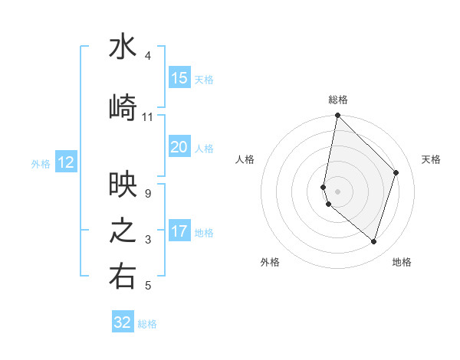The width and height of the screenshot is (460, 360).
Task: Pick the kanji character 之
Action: point(123,231)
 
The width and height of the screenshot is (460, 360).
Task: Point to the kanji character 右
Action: point(123,277)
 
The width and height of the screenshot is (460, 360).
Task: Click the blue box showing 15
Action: point(179,78)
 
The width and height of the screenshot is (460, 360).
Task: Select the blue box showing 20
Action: point(179,147)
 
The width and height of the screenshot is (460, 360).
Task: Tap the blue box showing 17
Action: point(179,231)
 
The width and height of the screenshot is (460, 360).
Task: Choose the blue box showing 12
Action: point(66,162)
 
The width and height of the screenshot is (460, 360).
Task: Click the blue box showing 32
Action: point(123,322)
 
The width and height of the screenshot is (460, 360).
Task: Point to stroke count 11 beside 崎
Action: point(147,117)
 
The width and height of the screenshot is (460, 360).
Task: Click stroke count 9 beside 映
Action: point(147,194)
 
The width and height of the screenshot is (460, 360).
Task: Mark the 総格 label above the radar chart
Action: point(338,100)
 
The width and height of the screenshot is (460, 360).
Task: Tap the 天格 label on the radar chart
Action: point(432,159)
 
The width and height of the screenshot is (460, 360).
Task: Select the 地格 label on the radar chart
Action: point(402,262)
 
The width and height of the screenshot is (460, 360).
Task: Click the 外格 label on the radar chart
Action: point(270,262)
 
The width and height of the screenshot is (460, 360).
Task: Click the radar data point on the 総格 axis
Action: point(337,116)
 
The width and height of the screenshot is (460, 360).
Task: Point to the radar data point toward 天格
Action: point(396,172)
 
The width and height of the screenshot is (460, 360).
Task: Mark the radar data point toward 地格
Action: point(373,241)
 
